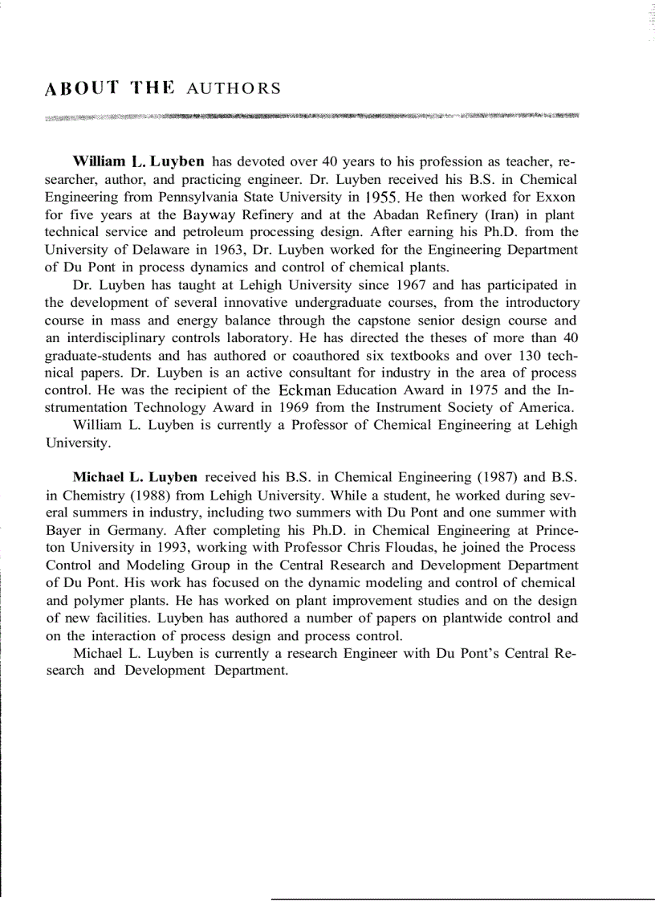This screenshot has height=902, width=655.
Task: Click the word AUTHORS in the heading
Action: point(234,89)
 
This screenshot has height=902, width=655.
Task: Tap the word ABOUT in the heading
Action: point(79,88)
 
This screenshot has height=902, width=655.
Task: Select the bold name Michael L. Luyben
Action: point(137,477)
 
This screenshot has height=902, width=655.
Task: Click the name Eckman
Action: point(311,390)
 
